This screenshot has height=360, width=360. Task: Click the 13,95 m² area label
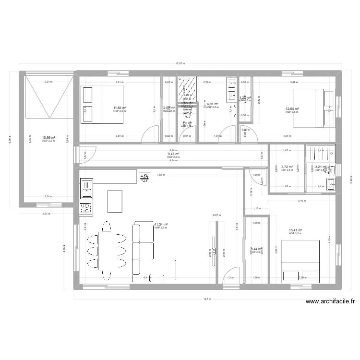48,137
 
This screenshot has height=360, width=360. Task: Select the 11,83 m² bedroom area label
120,108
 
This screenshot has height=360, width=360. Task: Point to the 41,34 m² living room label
161,224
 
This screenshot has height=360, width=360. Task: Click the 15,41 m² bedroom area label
296,230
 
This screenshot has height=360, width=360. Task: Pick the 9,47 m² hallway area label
173,154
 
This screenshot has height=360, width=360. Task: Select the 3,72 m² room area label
287,167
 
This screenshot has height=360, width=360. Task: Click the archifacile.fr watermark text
330,302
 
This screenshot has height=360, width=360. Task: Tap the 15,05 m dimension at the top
180,63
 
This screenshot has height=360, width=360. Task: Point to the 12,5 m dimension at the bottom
206,299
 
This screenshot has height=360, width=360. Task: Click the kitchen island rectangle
115,201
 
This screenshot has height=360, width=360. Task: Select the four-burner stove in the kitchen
85,208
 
